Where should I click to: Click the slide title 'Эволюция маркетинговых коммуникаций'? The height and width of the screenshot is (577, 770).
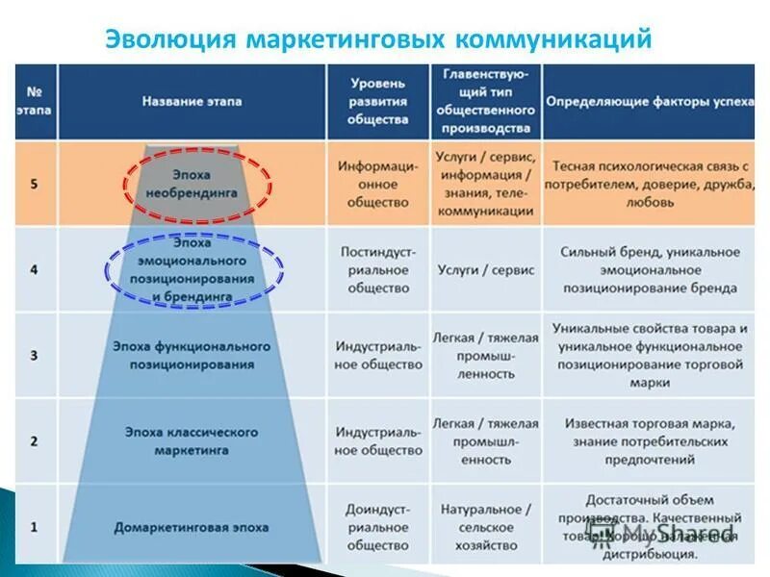377,39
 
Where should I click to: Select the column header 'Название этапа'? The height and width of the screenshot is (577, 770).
192,101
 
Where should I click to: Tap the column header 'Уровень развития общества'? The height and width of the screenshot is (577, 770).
377,101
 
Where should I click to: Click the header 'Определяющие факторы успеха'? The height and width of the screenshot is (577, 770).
650,101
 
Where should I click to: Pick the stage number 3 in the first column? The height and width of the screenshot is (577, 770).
35,355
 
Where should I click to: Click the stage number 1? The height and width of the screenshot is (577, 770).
35,526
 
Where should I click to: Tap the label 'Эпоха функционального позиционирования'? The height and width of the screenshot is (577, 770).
192,355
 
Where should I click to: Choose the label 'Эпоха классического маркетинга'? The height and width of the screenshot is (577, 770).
192,440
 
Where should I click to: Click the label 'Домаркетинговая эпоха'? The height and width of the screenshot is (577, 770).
192,527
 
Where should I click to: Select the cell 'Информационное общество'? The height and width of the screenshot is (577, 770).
377,184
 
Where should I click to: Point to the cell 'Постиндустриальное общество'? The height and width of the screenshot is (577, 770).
377,269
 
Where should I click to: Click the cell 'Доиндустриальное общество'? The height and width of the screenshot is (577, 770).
377,527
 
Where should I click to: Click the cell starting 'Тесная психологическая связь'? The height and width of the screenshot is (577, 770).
650,184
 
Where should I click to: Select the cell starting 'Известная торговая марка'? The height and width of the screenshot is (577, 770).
650,440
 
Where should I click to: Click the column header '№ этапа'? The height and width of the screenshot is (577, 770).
35,101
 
